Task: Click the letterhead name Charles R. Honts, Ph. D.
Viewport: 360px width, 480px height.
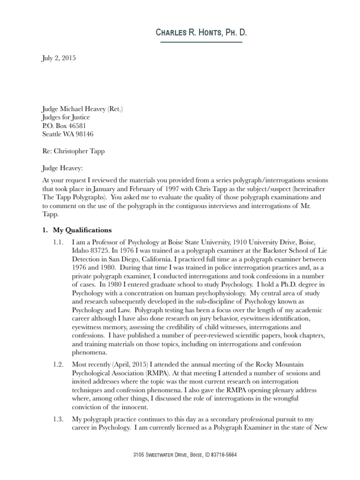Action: [x=201, y=33]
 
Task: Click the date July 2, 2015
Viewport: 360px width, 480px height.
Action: [x=56, y=59]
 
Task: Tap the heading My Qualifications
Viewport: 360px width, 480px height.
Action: [x=82, y=230]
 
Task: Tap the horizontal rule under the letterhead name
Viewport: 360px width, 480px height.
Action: [x=201, y=43]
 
